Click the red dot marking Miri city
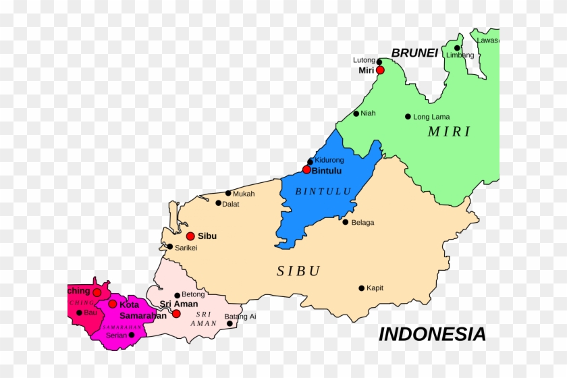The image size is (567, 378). [380, 70]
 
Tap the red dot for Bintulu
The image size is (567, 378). [306, 169]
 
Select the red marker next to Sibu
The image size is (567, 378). [190, 236]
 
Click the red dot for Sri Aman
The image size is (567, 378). [176, 314]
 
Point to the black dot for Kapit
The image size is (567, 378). [362, 288]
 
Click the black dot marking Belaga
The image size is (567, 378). [346, 222]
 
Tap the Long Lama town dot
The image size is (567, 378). [408, 117]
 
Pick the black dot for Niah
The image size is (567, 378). [356, 113]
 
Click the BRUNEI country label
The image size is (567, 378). [414, 53]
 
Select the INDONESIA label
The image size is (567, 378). [432, 334]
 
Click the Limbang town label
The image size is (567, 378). [460, 55]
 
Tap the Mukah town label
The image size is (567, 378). [244, 194]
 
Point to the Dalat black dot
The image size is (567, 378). [218, 202]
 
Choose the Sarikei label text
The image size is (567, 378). [186, 248]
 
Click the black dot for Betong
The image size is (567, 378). [177, 295]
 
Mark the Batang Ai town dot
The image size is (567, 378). [230, 323]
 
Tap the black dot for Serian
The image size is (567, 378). [132, 335]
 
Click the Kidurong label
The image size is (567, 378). [329, 160]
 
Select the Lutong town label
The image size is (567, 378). [364, 60]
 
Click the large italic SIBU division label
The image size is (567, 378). [298, 271]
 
